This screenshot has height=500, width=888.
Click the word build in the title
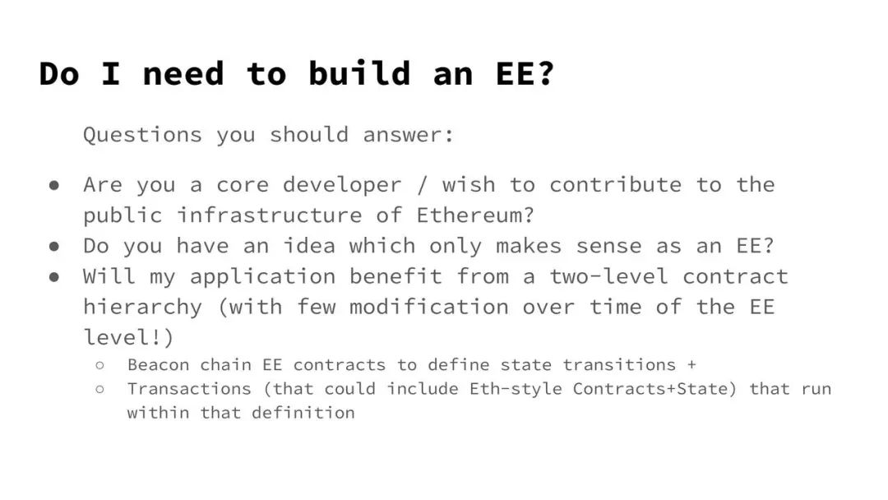coord(359,74)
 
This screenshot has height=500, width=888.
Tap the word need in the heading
coord(183,75)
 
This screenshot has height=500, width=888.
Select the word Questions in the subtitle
coord(143,136)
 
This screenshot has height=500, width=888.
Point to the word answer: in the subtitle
coord(409,136)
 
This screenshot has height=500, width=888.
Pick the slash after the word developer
coord(422,184)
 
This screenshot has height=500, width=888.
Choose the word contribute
coord(616,184)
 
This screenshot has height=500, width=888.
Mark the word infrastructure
coord(269,215)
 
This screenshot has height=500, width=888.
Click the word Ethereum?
coord(475,215)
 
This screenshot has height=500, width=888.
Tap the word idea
coord(308,246)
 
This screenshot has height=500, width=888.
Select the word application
coord(262,277)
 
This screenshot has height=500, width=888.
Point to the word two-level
coord(608,276)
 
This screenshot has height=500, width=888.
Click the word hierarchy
coord(143,308)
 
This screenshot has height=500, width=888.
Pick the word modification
coord(428,307)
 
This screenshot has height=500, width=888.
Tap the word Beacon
coord(159,364)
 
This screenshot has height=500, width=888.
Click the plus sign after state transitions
coord(691,364)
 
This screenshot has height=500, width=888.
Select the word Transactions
coord(189,389)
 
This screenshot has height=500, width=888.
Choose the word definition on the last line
coord(303,413)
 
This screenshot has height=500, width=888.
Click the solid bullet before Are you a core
coord(54,186)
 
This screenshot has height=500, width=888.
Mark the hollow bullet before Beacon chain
coord(100,365)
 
